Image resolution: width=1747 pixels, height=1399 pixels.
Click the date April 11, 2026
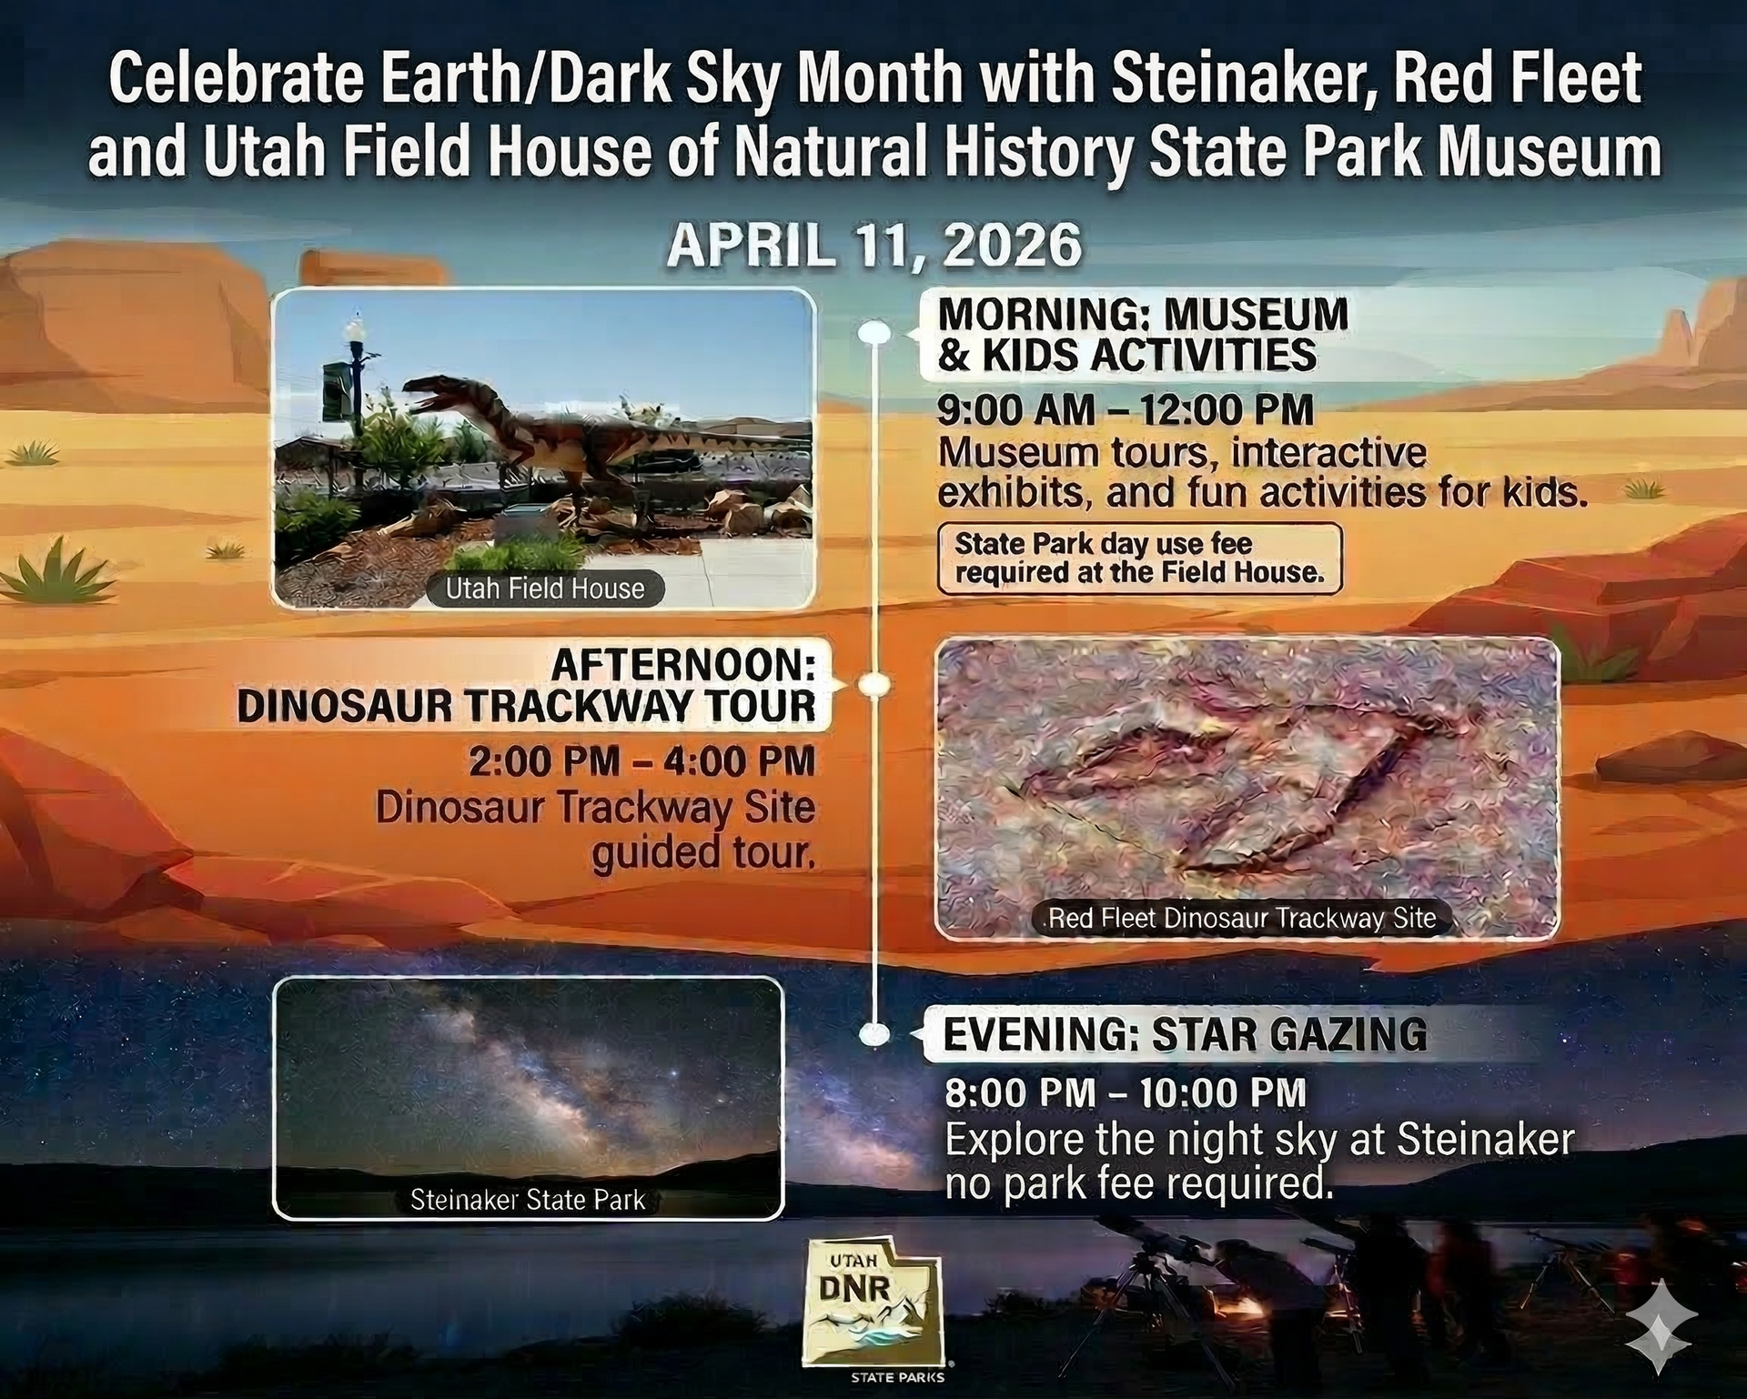point(874,245)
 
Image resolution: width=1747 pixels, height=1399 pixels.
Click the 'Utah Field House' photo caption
point(545,589)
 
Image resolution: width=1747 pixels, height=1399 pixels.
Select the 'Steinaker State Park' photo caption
point(528,1200)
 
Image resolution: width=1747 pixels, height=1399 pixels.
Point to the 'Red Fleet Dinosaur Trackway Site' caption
point(1241,918)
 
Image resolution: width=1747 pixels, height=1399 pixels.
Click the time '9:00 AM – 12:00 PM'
point(1126,409)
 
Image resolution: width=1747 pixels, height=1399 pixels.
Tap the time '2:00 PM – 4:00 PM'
point(642,760)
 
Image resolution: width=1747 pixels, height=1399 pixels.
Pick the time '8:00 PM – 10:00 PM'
point(1126,1092)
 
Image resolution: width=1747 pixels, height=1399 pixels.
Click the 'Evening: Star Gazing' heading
point(1185,1034)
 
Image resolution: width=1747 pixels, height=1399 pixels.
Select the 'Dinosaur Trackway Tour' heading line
point(527,706)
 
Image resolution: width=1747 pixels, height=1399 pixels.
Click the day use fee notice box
point(1139,559)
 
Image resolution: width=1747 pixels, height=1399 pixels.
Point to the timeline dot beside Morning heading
point(874,334)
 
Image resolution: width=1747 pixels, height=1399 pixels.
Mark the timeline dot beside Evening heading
point(874,1034)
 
